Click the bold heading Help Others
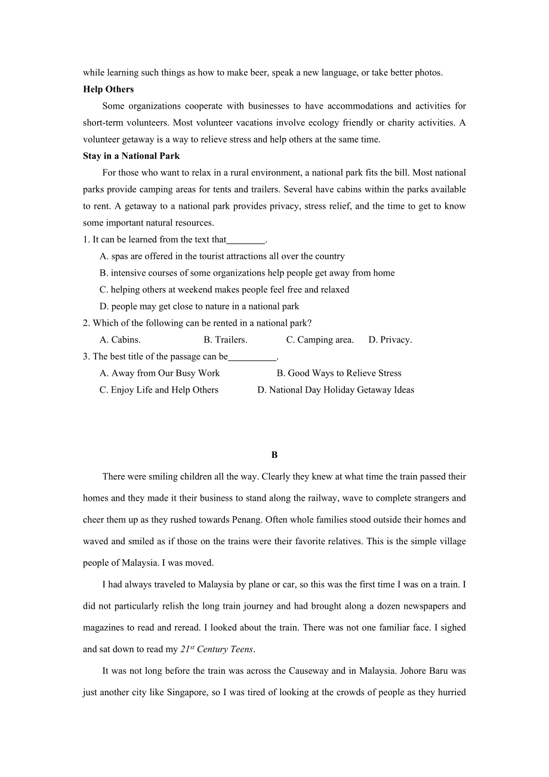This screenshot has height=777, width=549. point(108,90)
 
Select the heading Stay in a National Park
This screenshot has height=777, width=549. point(131,156)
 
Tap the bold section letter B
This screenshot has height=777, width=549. point(274,455)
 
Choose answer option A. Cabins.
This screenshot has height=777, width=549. point(120,340)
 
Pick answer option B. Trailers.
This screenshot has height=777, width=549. point(225,340)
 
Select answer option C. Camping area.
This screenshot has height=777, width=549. point(320,340)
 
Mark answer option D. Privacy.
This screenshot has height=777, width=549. point(390,340)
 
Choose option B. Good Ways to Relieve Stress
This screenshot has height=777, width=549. point(339,374)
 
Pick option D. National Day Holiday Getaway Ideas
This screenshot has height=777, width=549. point(335,390)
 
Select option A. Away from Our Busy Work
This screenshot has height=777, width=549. point(159,374)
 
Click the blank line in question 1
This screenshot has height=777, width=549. point(245,240)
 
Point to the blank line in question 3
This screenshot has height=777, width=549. point(252,357)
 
